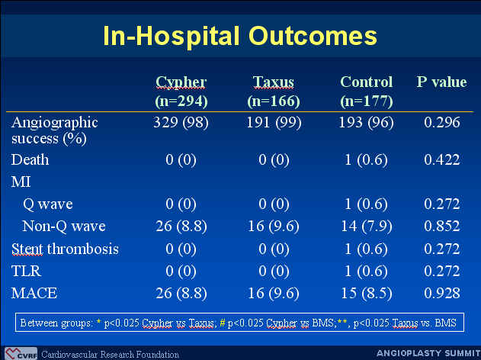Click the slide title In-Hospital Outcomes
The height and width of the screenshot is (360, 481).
240,36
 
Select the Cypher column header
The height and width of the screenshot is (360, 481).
181,83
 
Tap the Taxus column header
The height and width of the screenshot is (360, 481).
274,82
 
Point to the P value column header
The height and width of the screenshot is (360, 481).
441,82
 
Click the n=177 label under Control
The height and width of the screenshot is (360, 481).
367,101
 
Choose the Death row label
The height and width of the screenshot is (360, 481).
30,160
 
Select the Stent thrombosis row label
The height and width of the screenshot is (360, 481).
65,249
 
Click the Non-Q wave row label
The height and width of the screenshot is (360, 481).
64,227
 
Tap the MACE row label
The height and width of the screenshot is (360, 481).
34,293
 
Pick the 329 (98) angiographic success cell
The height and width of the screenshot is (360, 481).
181,123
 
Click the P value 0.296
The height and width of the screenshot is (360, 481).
442,123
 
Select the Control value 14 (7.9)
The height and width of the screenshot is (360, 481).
367,227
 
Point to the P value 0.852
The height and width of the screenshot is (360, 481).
442,227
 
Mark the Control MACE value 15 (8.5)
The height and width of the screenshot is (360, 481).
367,293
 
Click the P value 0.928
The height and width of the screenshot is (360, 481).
442,293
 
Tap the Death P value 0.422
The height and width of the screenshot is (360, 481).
442,159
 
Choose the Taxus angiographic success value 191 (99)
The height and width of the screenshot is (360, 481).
274,123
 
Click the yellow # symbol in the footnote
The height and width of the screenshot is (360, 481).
223,323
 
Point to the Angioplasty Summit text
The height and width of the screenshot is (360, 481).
428,353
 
